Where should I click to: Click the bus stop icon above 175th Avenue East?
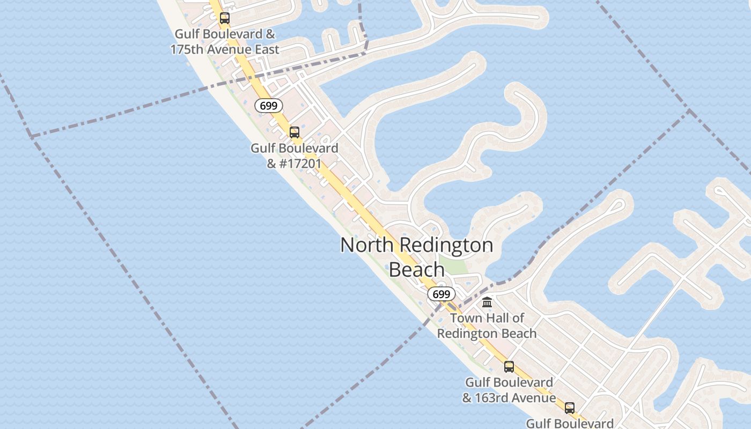tap(225, 18)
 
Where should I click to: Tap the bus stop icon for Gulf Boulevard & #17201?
tap(294, 132)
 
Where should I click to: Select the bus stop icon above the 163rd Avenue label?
tap(509, 367)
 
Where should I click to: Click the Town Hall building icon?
tap(487, 302)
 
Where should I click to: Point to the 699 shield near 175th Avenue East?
tap(268, 106)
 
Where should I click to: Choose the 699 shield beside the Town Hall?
tap(441, 294)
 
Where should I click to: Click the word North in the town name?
tap(368, 245)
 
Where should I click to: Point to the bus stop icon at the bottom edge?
tap(570, 408)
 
